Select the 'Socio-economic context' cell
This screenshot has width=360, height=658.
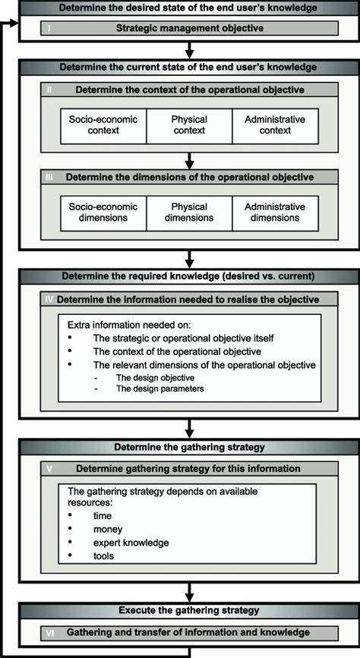click(x=103, y=125)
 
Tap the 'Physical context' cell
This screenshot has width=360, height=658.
click(x=189, y=125)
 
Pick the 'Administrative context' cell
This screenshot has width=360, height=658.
click(x=275, y=125)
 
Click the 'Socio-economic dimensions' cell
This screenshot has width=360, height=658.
click(x=103, y=213)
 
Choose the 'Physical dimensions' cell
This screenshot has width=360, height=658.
click(x=189, y=213)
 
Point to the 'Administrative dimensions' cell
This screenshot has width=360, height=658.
click(x=275, y=213)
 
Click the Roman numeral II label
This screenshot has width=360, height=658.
click(x=49, y=90)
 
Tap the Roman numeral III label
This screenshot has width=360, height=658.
click(x=49, y=178)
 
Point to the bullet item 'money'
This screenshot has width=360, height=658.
click(x=108, y=529)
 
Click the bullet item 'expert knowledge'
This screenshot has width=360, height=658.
click(x=131, y=543)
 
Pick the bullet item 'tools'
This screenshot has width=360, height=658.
click(x=105, y=556)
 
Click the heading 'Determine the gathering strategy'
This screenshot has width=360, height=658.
click(x=189, y=447)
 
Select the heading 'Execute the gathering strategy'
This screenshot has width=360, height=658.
click(x=189, y=610)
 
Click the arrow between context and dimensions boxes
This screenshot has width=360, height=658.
click(x=190, y=160)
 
